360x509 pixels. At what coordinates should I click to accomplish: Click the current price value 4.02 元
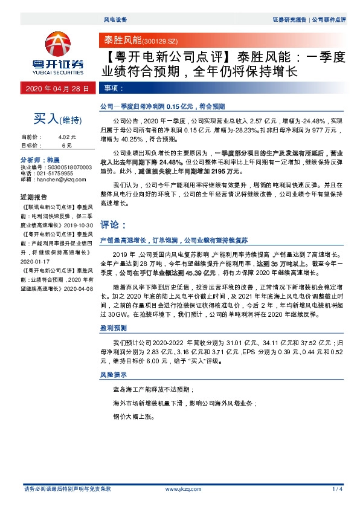tap(67, 137)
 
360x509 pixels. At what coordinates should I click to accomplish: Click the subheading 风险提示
tap(112, 375)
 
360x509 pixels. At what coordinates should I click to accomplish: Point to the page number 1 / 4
tap(337, 488)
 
